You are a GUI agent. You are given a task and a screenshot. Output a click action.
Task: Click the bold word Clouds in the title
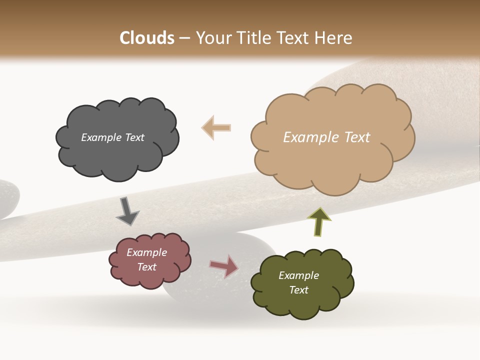click(147, 38)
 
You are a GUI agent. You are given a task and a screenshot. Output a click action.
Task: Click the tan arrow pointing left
click(216, 127)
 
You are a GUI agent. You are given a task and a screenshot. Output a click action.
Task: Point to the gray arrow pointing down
click(127, 211)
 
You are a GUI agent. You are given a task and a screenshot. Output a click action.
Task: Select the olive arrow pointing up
click(319, 222)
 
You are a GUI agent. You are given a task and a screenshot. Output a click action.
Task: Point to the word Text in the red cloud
click(147, 267)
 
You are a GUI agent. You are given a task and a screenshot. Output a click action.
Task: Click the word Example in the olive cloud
click(298, 275)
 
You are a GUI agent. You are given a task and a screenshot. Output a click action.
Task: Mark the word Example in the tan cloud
click(310, 137)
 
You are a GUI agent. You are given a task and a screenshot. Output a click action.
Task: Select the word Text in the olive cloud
click(298, 290)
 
